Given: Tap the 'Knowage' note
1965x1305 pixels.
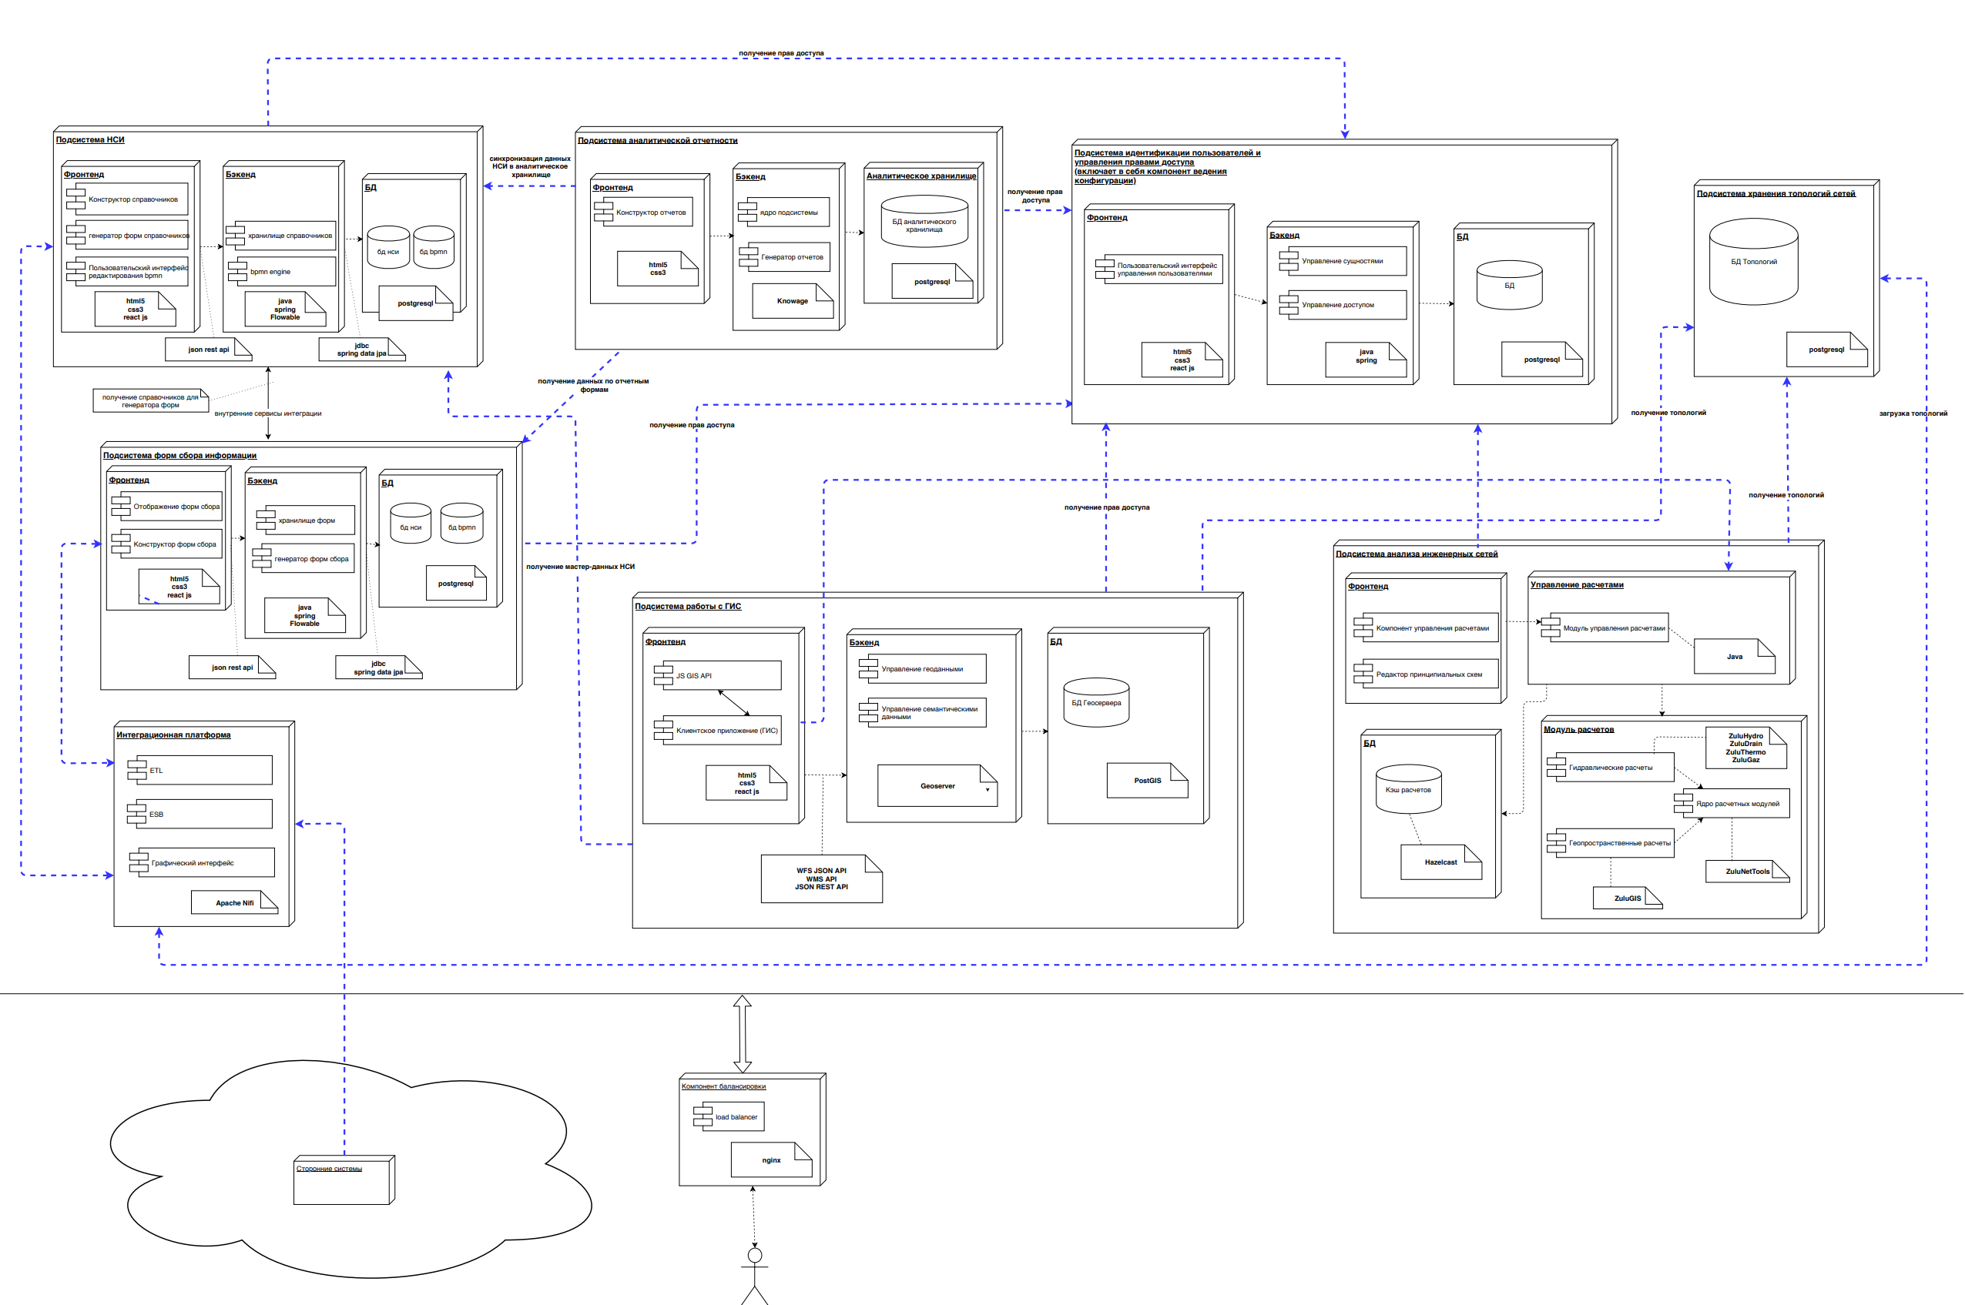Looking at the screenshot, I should coord(792,301).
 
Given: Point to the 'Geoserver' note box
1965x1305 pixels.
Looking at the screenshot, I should coord(937,785).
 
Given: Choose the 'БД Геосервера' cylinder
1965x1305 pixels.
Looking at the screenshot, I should coord(1096,702).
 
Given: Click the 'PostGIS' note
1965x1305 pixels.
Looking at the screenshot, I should coord(1146,781).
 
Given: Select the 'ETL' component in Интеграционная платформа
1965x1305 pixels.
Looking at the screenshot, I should coord(200,770).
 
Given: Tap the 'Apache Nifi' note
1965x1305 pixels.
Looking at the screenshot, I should coord(234,903).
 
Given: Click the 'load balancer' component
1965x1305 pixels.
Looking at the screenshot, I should coord(729,1117).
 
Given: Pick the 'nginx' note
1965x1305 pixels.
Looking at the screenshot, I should coord(771,1160).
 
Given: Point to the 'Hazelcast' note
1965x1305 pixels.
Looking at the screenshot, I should coord(1440,862).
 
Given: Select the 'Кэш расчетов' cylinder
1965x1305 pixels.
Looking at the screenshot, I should coord(1408,789).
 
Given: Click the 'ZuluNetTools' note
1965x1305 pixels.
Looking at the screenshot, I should coord(1747,872).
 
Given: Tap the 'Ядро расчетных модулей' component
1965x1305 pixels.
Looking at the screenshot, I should coord(1732,803).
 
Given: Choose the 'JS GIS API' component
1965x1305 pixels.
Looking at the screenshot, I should coord(718,676).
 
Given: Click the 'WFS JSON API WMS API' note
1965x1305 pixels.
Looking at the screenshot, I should coord(821,879).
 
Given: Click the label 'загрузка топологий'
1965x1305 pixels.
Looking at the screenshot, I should coord(1913,413).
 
